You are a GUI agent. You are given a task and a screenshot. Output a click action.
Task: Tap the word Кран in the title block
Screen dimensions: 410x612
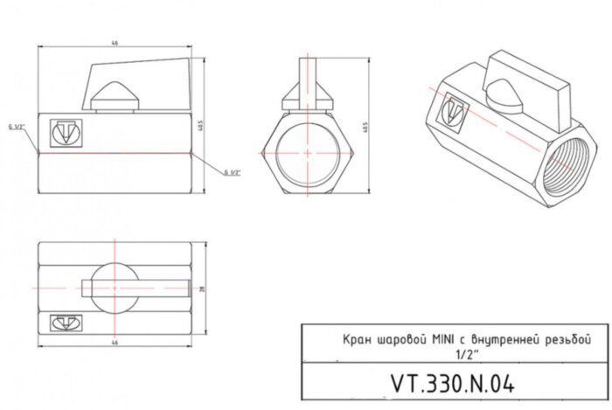(x=356, y=338)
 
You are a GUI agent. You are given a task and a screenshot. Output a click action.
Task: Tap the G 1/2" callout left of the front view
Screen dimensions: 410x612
(x=18, y=127)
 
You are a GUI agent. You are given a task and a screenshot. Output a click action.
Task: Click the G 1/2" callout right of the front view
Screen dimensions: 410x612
(x=232, y=172)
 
